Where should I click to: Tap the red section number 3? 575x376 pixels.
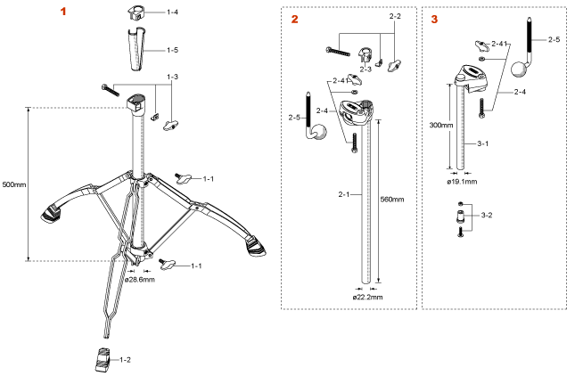pyautogui.click(x=434, y=19)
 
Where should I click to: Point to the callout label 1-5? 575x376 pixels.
pyautogui.click(x=172, y=50)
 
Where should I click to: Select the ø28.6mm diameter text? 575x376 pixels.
pyautogui.click(x=141, y=280)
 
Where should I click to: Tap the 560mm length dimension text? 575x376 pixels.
pyautogui.click(x=392, y=198)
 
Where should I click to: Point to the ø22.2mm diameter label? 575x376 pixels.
pyautogui.click(x=367, y=297)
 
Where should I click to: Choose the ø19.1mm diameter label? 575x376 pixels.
pyautogui.click(x=463, y=181)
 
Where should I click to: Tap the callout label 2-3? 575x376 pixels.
pyautogui.click(x=366, y=68)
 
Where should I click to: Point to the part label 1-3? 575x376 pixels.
pyautogui.click(x=173, y=78)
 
